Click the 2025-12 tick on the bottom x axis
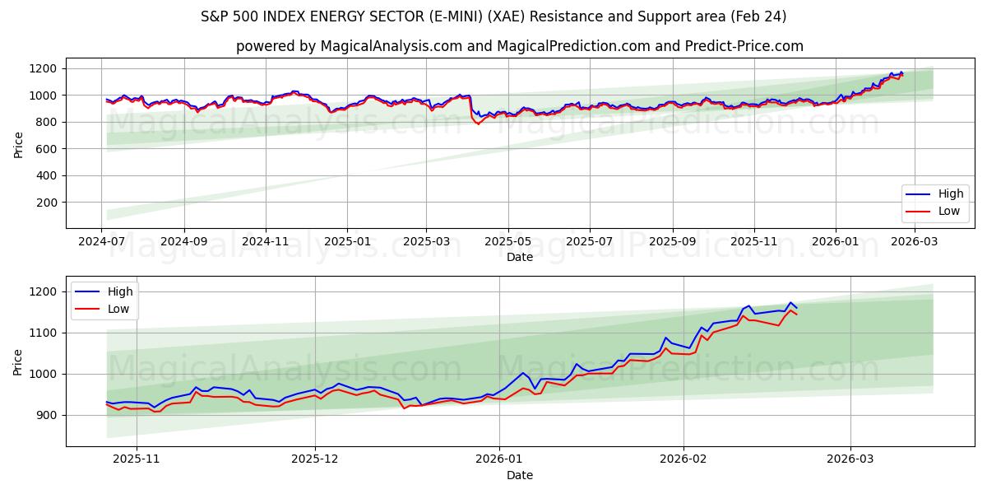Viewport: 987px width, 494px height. coord(315,460)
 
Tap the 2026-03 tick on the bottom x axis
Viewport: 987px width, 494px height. coord(850,460)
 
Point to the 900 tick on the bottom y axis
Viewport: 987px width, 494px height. coord(49,415)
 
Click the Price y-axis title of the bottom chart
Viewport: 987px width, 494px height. coord(18,361)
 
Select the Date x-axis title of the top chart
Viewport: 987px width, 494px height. coord(519,257)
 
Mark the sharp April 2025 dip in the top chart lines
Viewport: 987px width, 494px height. coord(478,123)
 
